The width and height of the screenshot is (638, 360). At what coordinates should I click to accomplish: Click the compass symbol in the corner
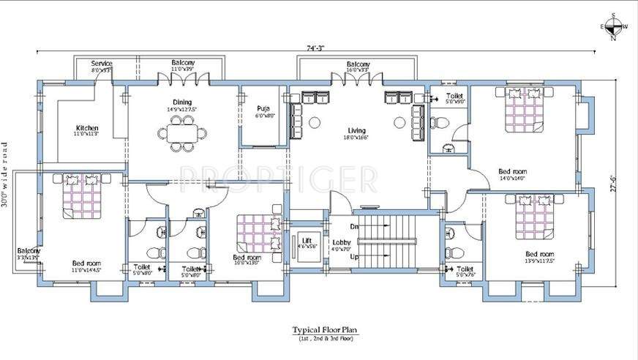coord(613,28)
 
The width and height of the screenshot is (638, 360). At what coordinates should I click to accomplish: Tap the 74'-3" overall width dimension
coord(316,48)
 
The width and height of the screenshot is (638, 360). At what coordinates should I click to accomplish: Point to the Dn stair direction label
coord(353,227)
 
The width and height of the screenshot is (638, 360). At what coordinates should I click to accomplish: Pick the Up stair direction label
coord(354,258)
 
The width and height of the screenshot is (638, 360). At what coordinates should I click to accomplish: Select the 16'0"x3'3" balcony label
coord(358,67)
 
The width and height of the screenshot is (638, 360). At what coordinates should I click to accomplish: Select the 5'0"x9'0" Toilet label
coord(454,99)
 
